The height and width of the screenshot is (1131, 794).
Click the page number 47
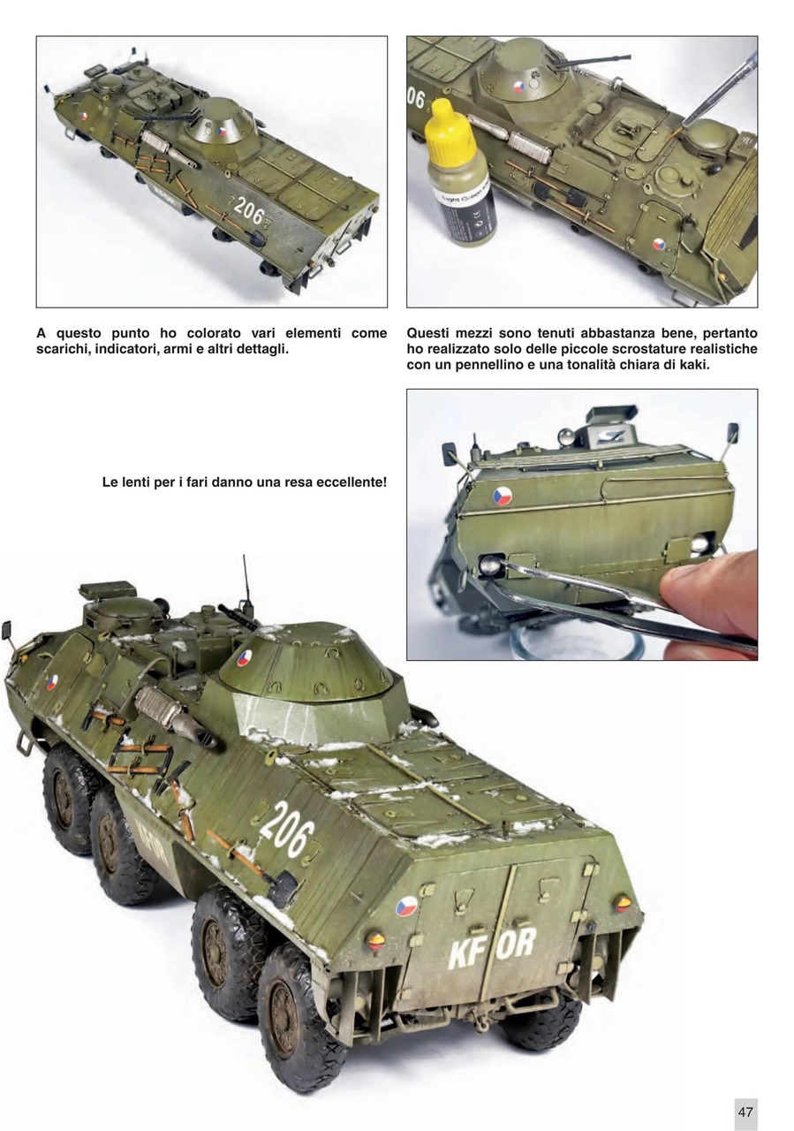pyautogui.click(x=745, y=1112)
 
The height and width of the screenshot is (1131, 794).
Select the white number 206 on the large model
pyautogui.click(x=286, y=831)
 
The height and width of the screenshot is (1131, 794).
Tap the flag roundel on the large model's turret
pyautogui.click(x=244, y=658)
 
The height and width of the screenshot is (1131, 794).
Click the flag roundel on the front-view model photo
pyautogui.click(x=502, y=496)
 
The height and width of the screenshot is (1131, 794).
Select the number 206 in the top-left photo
pyautogui.click(x=249, y=211)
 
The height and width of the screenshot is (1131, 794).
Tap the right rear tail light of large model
pyautogui.click(x=623, y=902)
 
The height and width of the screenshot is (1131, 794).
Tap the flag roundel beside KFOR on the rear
pyautogui.click(x=406, y=907)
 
